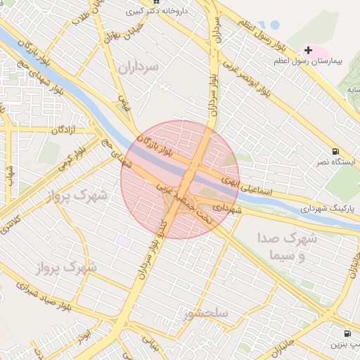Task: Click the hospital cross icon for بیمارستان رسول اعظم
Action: click(308, 50)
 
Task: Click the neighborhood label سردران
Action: click(139, 67)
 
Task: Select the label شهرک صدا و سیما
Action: click(288, 245)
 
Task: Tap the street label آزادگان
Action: click(63, 130)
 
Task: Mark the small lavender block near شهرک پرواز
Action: click(124, 241)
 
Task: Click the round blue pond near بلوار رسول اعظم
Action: click(274, 25)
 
